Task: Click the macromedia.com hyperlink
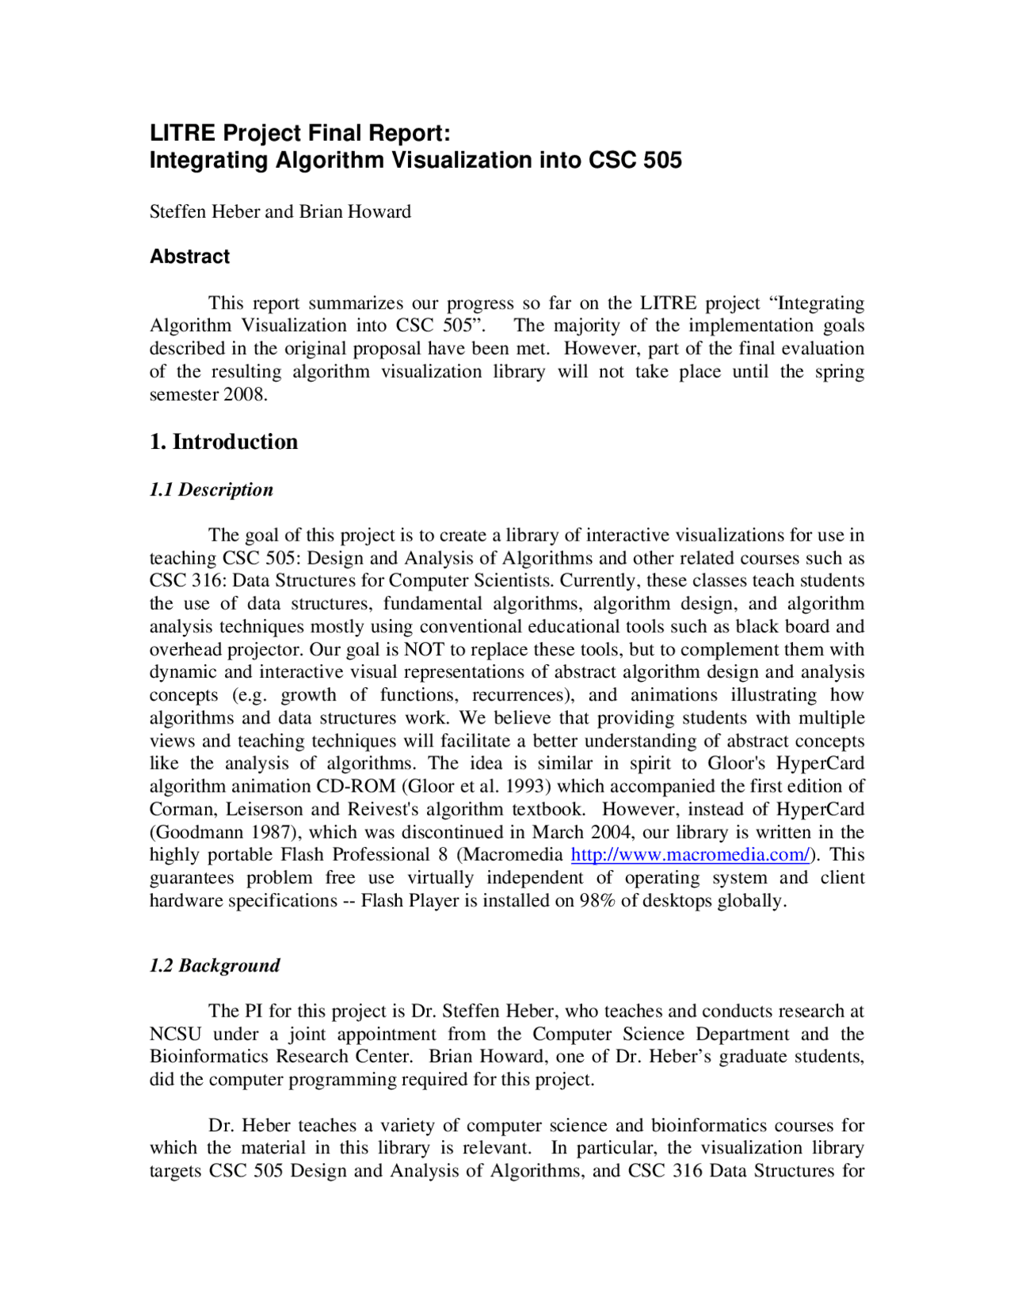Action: [x=690, y=855]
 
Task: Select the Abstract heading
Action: [x=190, y=256]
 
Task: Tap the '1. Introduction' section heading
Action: [x=223, y=442]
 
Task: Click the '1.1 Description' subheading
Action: [x=211, y=490]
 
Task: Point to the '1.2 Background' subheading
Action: [x=215, y=966]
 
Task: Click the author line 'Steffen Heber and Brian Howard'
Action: [x=280, y=212]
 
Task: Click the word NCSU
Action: [x=175, y=1035]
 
